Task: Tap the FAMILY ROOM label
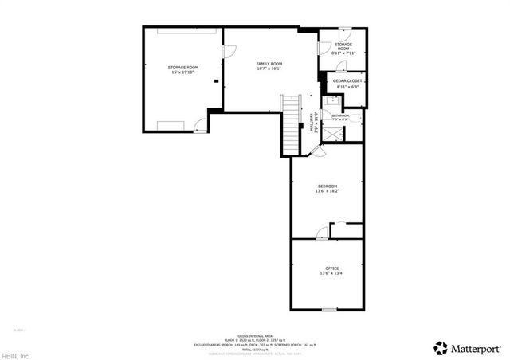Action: [x=269, y=65]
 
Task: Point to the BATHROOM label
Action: [x=341, y=117]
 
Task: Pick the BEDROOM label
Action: [x=328, y=189]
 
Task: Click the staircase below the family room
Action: [x=292, y=123]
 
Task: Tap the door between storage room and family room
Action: [x=227, y=53]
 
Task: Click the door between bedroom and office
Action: [x=320, y=232]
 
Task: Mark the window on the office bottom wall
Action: [x=330, y=308]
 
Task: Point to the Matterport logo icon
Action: [x=440, y=346]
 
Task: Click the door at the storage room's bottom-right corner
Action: [x=198, y=124]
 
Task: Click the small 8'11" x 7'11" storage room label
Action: [x=343, y=49]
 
